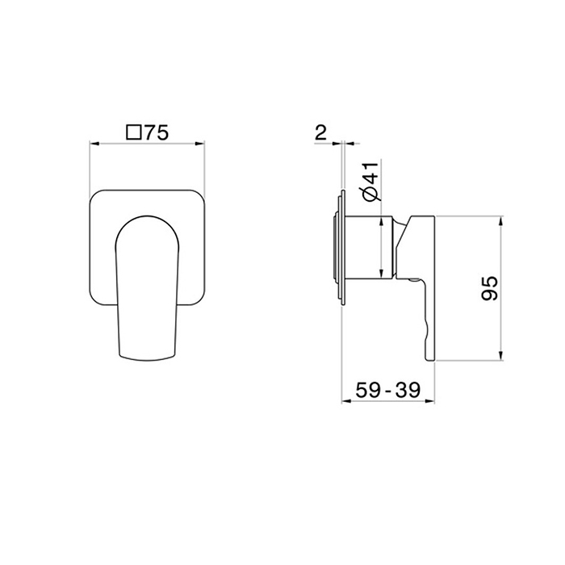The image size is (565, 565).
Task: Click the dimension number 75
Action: pyautogui.click(x=157, y=132)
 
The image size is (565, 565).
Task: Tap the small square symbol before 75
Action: pyautogui.click(x=133, y=132)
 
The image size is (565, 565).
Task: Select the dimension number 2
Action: pyautogui.click(x=320, y=132)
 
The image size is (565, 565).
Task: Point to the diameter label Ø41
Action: pyautogui.click(x=371, y=181)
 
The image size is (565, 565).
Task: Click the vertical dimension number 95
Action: pyautogui.click(x=490, y=288)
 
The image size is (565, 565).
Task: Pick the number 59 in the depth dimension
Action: pyautogui.click(x=368, y=390)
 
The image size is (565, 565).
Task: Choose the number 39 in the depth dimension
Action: pyautogui.click(x=408, y=390)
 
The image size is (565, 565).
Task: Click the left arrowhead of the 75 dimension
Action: pyautogui.click(x=94, y=144)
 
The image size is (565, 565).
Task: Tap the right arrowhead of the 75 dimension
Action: pyautogui.click(x=199, y=144)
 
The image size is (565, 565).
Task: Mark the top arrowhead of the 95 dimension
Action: pyautogui.click(x=500, y=221)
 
